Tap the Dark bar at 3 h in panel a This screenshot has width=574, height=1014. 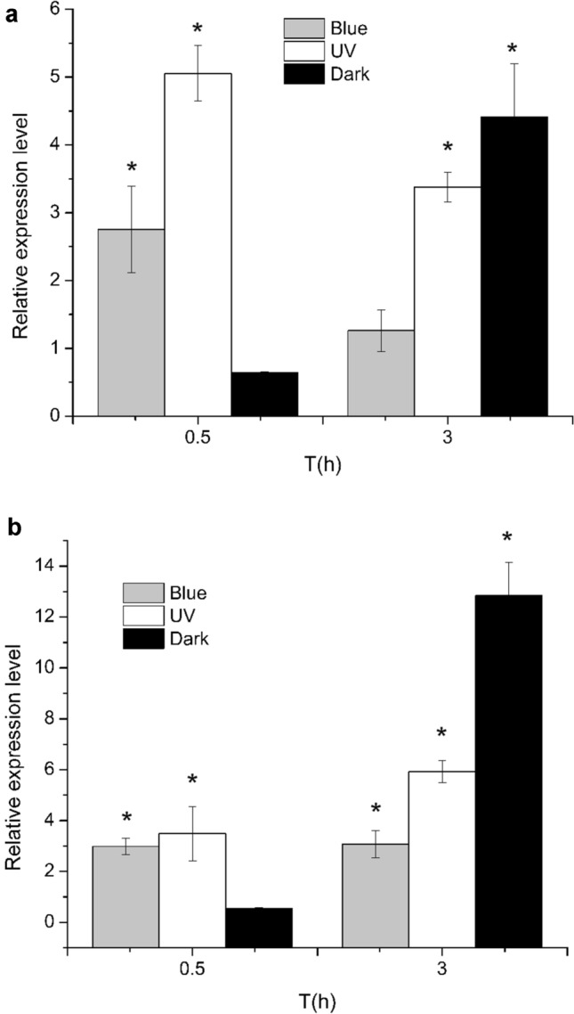513,266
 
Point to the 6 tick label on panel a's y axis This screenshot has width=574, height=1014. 56,9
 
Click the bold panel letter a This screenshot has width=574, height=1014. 14,15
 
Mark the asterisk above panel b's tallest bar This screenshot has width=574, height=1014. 508,538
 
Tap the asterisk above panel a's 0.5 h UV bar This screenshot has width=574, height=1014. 198,30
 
